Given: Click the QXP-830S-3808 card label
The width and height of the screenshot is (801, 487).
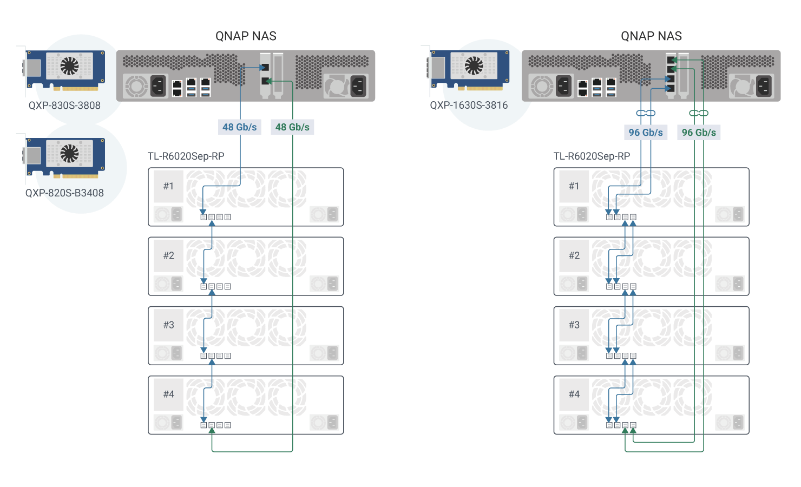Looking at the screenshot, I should coord(64,106).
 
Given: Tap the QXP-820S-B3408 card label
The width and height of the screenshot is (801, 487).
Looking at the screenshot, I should coord(64,193).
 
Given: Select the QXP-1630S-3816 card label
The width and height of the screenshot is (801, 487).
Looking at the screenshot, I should coord(469,106).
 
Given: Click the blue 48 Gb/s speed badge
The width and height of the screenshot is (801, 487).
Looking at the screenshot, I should coord(239,127).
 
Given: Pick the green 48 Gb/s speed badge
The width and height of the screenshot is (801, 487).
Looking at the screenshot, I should coord(292,127).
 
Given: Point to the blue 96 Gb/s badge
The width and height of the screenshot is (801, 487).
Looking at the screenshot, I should coord(646,133).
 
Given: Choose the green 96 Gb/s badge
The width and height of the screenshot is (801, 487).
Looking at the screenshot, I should coord(699,133).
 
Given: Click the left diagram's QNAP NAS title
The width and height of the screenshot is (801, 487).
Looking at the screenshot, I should coord(246,36).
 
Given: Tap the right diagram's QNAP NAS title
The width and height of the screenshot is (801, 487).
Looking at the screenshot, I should coord(651,36).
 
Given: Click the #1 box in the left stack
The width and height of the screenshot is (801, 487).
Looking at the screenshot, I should coord(168,186).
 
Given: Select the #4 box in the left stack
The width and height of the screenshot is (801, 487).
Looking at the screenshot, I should coord(168,394).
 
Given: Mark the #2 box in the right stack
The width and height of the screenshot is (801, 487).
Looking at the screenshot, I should coord(574,255).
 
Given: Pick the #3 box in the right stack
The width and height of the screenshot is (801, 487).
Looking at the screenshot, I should coord(574,325).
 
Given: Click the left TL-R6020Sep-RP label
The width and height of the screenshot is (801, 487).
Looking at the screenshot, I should coord(186,156).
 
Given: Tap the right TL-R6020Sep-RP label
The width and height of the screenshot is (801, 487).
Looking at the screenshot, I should coord(592,156).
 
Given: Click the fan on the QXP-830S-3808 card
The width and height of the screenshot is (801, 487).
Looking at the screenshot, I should coord(69,66).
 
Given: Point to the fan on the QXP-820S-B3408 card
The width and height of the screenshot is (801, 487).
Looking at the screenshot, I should coord(69,153).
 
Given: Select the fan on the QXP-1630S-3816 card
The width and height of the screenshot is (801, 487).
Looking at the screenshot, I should coord(474,66).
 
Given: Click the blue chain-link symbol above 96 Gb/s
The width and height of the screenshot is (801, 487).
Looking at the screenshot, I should coord(646,113).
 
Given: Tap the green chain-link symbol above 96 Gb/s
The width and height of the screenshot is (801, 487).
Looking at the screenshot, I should coord(699,113).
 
